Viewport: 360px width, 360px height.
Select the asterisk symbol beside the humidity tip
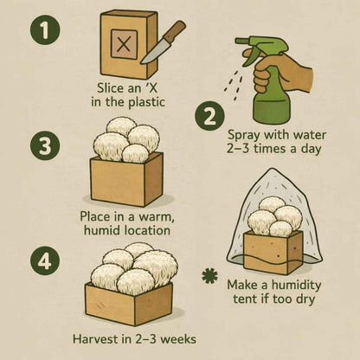pos(208,276)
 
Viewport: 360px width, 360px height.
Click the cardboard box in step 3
pos(126,180)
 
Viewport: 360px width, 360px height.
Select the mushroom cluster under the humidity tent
pos(275,218)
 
